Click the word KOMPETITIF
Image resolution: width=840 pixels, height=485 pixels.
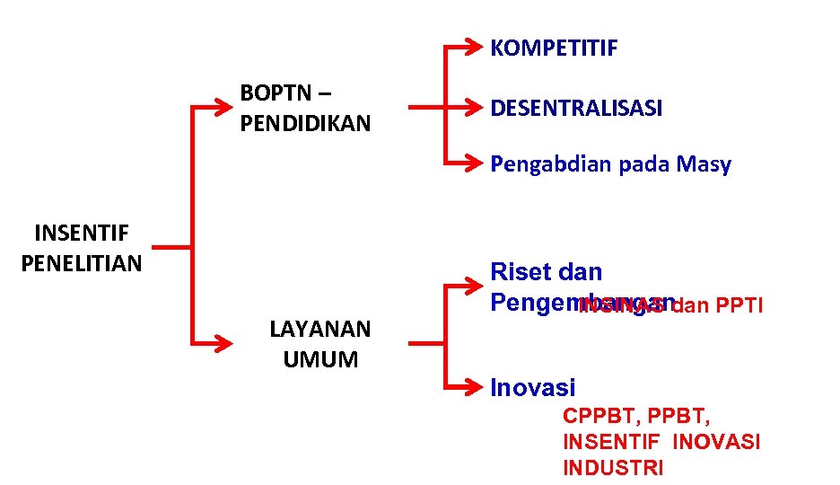click(x=554, y=48)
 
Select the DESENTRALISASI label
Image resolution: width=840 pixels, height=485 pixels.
click(x=576, y=109)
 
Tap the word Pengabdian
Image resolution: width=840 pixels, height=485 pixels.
click(x=548, y=164)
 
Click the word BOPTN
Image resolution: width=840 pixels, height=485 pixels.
click(x=276, y=93)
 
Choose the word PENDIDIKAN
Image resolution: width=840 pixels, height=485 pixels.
click(x=305, y=124)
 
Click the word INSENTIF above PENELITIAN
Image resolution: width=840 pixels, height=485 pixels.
click(x=81, y=234)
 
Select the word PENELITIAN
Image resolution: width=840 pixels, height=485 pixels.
click(x=81, y=264)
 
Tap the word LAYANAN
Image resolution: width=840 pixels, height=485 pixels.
click(x=319, y=330)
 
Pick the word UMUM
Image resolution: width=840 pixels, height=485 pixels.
click(x=320, y=360)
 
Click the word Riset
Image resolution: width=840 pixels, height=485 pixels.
click(x=519, y=272)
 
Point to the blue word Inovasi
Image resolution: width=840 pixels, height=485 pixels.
click(x=533, y=388)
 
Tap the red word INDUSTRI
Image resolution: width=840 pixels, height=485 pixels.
click(x=613, y=469)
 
